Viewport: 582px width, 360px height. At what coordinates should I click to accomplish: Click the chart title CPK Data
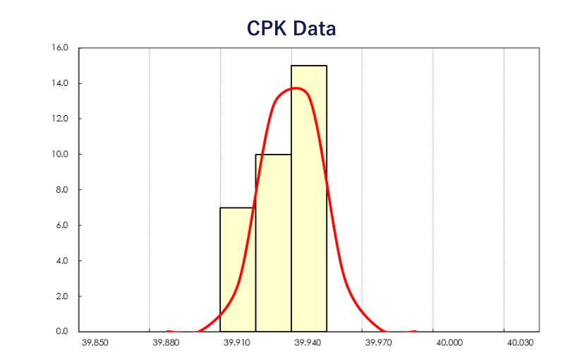[x=291, y=28]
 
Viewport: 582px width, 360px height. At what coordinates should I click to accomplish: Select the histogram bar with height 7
[x=238, y=270]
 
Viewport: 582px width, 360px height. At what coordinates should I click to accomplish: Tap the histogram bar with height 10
[x=273, y=242]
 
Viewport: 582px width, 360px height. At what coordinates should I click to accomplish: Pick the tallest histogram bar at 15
[x=309, y=198]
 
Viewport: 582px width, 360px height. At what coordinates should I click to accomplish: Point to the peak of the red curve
[x=296, y=88]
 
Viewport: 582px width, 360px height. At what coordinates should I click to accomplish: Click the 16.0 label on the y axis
[x=60, y=48]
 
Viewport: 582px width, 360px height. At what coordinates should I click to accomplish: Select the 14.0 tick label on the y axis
[x=60, y=83]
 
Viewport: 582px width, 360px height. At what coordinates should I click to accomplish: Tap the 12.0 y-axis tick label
[x=60, y=119]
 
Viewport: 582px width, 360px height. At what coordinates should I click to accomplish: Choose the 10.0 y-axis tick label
[x=60, y=154]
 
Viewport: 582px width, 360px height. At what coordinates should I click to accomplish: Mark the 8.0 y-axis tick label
[x=61, y=190]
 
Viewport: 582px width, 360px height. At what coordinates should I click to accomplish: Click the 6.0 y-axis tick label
[x=61, y=225]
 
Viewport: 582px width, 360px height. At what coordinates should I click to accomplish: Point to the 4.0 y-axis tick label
[x=61, y=260]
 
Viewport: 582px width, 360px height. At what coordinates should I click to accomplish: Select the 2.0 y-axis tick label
[x=61, y=296]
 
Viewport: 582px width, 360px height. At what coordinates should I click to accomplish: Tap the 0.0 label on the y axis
[x=61, y=331]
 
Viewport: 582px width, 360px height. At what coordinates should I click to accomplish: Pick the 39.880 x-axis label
[x=166, y=343]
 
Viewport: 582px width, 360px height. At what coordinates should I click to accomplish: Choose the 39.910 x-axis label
[x=236, y=343]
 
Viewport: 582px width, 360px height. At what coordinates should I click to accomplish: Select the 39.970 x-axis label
[x=378, y=343]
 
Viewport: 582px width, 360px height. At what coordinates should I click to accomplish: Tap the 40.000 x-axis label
[x=449, y=343]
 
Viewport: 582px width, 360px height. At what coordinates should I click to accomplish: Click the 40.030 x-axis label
[x=520, y=343]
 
